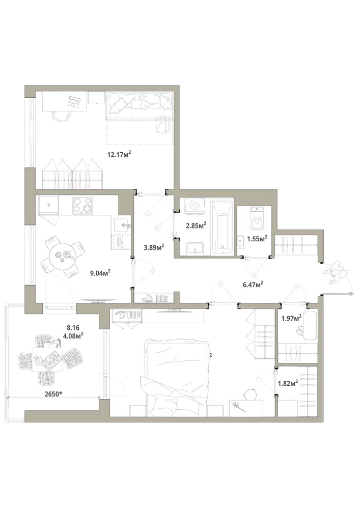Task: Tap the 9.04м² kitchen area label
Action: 100,273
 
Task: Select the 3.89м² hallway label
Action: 154,247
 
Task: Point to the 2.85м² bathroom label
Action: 196,225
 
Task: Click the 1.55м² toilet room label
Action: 257,239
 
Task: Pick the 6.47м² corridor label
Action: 253,285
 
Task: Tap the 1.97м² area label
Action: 291,318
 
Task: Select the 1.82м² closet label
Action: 288,383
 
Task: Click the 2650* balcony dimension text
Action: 53,394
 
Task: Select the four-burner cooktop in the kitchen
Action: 82,205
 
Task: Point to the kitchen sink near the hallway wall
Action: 122,224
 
